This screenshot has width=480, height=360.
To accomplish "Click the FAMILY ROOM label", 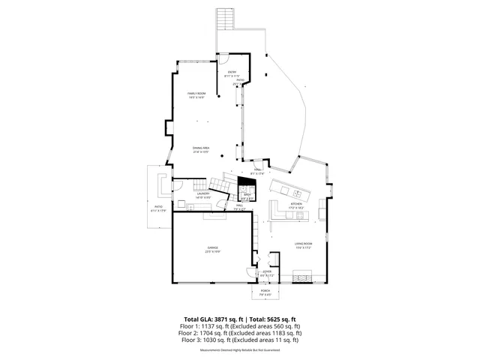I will [x=196, y=94].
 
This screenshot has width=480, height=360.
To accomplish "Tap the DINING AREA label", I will [x=199, y=149].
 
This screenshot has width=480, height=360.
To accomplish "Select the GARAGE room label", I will [x=212, y=249].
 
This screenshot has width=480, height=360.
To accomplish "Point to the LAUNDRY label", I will [x=202, y=194].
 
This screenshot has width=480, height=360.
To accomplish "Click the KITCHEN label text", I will [x=296, y=204].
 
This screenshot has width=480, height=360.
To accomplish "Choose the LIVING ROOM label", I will [x=303, y=244].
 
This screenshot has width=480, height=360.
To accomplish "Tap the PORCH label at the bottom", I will [x=265, y=291].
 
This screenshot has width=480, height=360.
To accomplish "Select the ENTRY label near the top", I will [x=232, y=72].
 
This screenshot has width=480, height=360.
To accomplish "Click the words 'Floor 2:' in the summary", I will [x=193, y=333].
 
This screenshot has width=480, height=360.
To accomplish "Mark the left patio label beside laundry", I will [x=158, y=206].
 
